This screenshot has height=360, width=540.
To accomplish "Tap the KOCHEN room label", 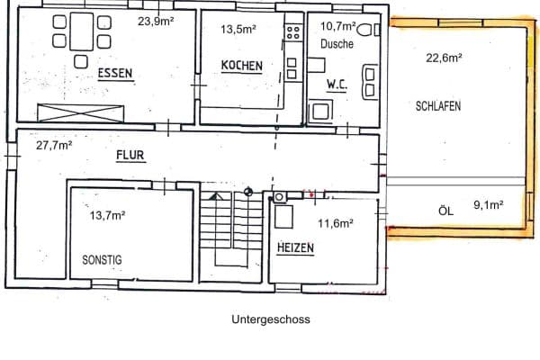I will click(242, 66).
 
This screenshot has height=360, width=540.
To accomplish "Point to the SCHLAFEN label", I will click(439, 105).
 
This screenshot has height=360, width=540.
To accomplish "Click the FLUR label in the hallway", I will click(130, 155).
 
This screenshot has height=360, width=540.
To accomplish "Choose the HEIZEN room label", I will click(295, 247).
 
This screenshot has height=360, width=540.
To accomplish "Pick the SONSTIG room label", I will click(102, 259).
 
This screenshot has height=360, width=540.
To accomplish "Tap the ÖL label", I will click(444, 210).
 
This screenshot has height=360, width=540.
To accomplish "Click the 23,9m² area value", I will click(155, 20).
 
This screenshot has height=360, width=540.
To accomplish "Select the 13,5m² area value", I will click(238, 29).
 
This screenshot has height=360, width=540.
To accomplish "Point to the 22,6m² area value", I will click(444, 57).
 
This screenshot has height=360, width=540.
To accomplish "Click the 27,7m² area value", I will click(54, 144).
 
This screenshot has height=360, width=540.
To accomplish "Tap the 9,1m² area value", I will click(487, 204).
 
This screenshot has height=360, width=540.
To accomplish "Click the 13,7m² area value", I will click(107, 215).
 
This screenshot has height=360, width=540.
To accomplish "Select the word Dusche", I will click(336, 43).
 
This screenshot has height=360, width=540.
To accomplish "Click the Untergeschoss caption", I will click(270, 319).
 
